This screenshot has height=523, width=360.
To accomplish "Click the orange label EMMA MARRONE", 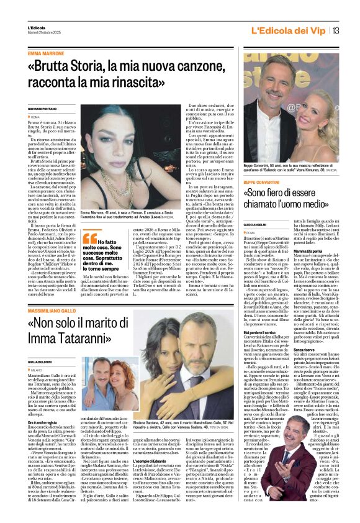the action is pos(46,55).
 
